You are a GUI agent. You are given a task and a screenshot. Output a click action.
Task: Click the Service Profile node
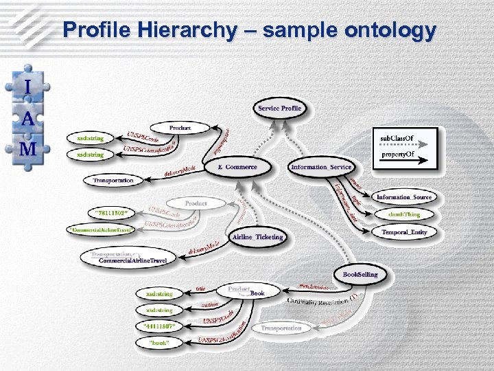[279, 108]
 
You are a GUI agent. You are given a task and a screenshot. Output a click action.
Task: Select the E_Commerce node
[237, 167]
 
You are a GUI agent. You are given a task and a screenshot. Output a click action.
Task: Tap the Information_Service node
[321, 167]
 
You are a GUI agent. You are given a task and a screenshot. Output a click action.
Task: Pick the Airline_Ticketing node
[257, 237]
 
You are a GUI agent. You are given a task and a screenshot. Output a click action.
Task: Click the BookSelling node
[360, 274]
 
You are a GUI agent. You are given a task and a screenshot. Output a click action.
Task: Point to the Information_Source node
[404, 197]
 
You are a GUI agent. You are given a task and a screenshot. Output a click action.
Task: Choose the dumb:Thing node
[404, 214]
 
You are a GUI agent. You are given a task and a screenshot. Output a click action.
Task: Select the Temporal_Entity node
[404, 232]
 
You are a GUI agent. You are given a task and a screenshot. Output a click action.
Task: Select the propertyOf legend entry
[397, 155]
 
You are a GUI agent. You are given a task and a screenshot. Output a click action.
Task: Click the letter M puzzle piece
[28, 149]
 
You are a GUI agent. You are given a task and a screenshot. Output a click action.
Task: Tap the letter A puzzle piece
[28, 118]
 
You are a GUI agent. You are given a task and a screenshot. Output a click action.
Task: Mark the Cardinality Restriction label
[320, 302]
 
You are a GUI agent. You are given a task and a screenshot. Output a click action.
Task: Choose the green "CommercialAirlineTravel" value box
[101, 229]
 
